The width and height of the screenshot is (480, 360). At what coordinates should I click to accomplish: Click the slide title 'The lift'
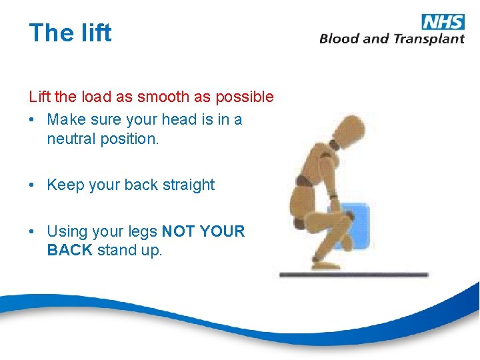70,33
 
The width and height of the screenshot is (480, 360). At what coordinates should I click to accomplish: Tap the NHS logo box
443,21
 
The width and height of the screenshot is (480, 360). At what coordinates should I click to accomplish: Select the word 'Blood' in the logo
339,38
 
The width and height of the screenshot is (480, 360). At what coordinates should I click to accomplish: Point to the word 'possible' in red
243,97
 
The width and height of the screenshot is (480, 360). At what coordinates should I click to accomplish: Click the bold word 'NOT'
178,231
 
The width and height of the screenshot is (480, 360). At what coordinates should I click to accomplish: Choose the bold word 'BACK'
70,251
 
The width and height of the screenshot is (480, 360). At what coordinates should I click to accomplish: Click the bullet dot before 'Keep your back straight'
33,185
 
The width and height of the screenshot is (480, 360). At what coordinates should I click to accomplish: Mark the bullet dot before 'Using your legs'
33,232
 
